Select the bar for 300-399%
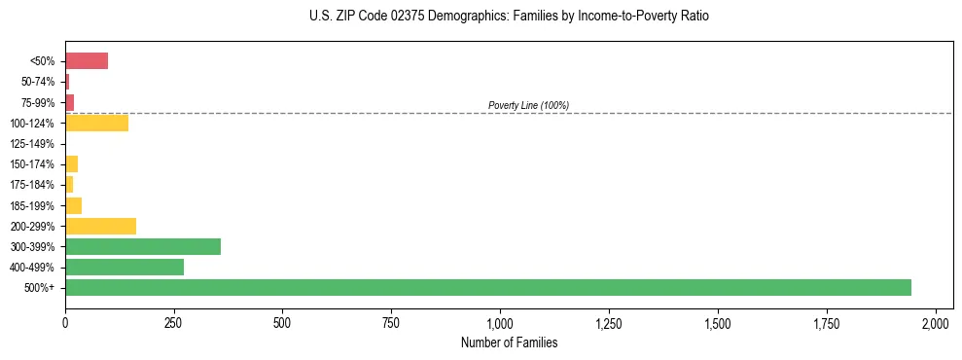tap(143, 246)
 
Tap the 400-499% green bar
tap(125, 267)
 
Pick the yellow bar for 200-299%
tap(100, 226)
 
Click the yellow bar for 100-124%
tap(96, 123)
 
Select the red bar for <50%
tap(87, 61)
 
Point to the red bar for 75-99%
tap(70, 102)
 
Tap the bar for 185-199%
tap(73, 205)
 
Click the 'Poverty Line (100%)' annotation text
tap(528, 105)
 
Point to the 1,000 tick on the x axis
tap(500, 322)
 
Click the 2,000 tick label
tap(935, 322)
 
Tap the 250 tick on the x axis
tap(174, 322)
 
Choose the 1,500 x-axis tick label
tap(718, 322)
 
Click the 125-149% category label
tap(32, 144)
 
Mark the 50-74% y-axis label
tap(37, 82)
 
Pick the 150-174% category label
tap(32, 164)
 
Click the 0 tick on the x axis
tap(65, 322)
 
